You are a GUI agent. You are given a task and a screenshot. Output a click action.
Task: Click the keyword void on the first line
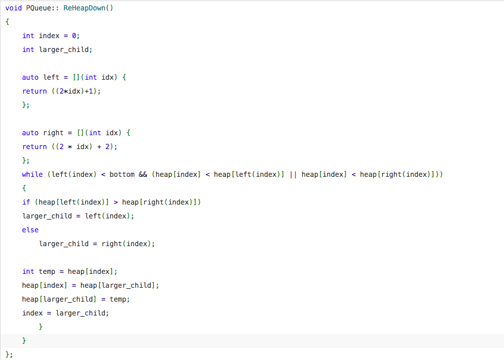click(x=14, y=8)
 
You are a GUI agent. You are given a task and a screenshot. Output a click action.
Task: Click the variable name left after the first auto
click(x=51, y=77)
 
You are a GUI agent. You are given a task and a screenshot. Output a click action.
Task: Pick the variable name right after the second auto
click(x=54, y=133)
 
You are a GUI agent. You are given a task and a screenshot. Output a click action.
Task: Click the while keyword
click(x=32, y=175)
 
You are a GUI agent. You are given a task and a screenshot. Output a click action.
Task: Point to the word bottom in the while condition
click(x=122, y=175)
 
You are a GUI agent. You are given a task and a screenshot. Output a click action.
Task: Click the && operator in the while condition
click(x=143, y=175)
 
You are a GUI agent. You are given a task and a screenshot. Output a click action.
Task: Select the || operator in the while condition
click(x=292, y=175)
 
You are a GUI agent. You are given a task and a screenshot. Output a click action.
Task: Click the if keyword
click(x=26, y=202)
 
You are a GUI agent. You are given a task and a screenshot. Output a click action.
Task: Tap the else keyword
click(x=30, y=230)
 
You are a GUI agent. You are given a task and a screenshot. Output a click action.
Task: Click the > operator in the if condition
click(x=116, y=202)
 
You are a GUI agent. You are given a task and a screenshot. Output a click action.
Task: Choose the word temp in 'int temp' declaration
click(x=47, y=272)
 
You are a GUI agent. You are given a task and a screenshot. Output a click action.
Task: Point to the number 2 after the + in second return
click(x=108, y=147)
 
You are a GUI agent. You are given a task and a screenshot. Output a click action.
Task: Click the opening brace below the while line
click(x=24, y=188)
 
